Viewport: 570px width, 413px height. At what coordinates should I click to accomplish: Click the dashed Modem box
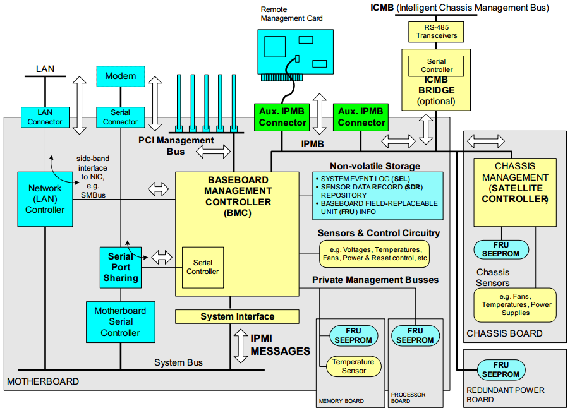pyautogui.click(x=120, y=76)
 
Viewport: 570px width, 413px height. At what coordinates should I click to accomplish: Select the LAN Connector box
pyautogui.click(x=45, y=117)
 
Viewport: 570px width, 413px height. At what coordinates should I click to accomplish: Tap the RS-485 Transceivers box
pyautogui.click(x=437, y=32)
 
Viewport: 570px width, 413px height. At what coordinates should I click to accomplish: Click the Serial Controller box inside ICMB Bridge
pyautogui.click(x=437, y=66)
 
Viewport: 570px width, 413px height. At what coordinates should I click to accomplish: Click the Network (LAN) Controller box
pyautogui.click(x=45, y=199)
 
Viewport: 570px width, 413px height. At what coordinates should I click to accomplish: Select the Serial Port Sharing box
pyautogui.click(x=120, y=267)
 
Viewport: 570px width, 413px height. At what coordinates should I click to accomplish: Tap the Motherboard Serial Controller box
pyautogui.click(x=120, y=321)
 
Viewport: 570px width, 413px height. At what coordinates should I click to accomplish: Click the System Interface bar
pyautogui.click(x=237, y=316)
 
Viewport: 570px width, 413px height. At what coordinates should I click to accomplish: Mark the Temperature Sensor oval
pyautogui.click(x=353, y=366)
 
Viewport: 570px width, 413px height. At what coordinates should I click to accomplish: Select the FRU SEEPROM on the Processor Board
pyautogui.click(x=415, y=335)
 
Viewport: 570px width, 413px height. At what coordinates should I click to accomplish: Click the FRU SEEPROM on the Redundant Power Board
pyautogui.click(x=500, y=369)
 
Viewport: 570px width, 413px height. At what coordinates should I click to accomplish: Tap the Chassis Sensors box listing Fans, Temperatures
pyautogui.click(x=515, y=305)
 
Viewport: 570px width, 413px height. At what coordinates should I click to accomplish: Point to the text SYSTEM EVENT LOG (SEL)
pyautogui.click(x=361, y=179)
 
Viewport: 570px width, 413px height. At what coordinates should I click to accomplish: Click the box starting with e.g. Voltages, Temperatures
pyautogui.click(x=374, y=254)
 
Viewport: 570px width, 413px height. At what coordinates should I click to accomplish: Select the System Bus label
pyautogui.click(x=178, y=362)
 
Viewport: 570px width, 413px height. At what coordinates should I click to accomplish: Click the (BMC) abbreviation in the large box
pyautogui.click(x=237, y=213)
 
